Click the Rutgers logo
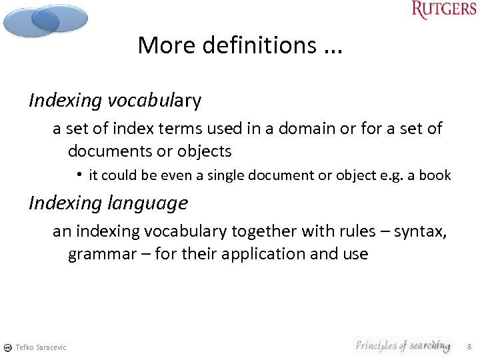coord(443,10)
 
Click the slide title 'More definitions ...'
coord(239,45)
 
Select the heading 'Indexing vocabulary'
coord(115,101)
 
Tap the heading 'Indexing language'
coord(108,202)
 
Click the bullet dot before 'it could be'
coord(79,175)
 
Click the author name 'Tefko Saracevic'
coord(41,347)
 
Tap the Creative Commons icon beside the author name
coord(7,347)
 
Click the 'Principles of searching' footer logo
coord(403,345)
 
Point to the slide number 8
coord(469,347)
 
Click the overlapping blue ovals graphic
coord(45,20)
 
